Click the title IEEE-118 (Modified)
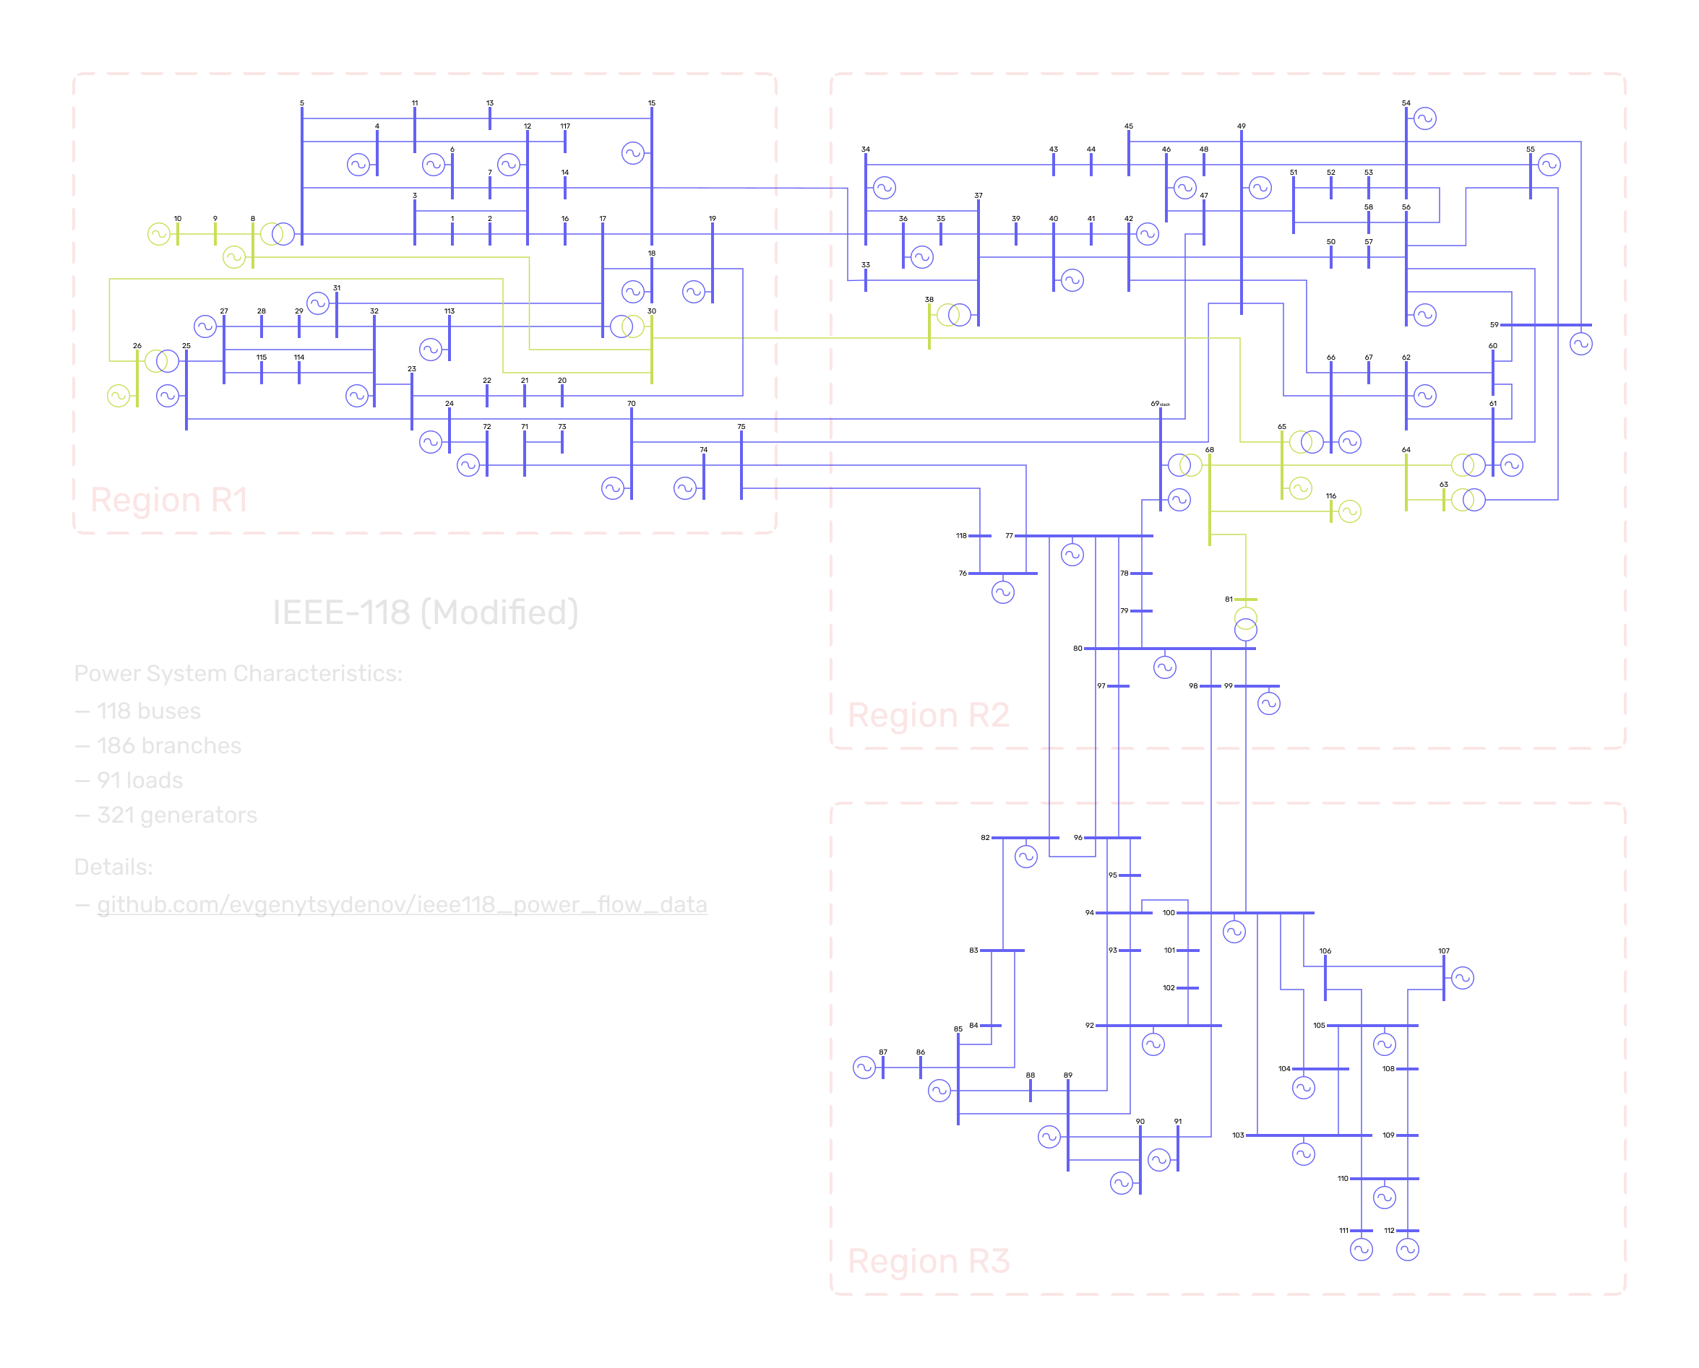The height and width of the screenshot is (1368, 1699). click(x=425, y=612)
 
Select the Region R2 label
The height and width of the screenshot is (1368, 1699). click(x=928, y=715)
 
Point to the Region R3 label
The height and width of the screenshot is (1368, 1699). click(x=928, y=1261)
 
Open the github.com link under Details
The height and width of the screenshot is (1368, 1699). click(x=402, y=904)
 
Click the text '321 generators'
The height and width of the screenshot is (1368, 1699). click(x=176, y=815)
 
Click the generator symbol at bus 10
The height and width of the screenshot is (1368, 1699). click(x=158, y=234)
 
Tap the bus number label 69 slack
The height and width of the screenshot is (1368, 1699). click(x=1159, y=404)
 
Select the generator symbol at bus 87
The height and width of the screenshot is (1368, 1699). click(x=864, y=1068)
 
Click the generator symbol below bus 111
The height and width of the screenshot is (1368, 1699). click(x=1361, y=1249)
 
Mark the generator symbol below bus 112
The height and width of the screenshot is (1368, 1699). click(x=1407, y=1249)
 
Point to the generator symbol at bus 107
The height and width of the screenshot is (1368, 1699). click(x=1463, y=978)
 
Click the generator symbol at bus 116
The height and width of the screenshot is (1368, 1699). click(x=1350, y=511)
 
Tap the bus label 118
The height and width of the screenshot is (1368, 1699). click(x=961, y=536)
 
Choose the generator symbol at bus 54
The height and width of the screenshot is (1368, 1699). click(x=1424, y=119)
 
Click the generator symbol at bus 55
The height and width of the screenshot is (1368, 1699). click(x=1549, y=165)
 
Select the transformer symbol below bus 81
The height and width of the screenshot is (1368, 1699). click(x=1246, y=623)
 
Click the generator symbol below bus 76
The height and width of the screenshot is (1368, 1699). click(x=1003, y=592)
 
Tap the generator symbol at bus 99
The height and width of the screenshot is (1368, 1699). click(x=1268, y=703)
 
